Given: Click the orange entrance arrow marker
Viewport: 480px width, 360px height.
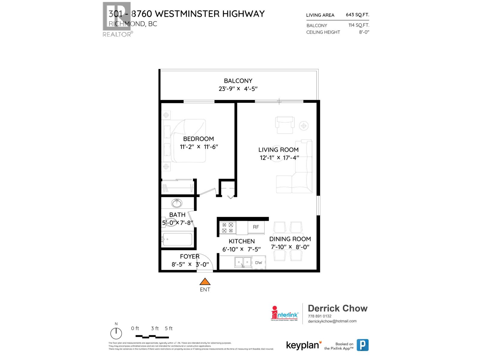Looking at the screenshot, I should point(205,282).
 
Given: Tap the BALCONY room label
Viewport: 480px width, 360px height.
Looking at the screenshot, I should point(238,81).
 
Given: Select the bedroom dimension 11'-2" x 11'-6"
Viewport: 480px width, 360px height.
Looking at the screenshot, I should point(199,147).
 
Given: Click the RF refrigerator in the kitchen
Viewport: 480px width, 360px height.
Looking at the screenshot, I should point(256,227).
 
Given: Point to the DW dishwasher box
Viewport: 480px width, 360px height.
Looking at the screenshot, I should point(259,262).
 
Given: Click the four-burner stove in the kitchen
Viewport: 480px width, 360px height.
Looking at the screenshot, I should point(227,228).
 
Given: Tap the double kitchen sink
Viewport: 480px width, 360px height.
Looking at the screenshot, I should point(243,262).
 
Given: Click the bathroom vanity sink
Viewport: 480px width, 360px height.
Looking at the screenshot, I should point(177,203).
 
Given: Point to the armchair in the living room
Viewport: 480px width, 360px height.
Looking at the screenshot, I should point(285,125).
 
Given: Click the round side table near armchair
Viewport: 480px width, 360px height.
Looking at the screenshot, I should point(304,126).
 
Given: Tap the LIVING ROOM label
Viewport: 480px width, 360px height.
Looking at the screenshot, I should point(278,150).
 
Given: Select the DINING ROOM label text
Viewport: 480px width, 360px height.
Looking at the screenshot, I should point(290,239).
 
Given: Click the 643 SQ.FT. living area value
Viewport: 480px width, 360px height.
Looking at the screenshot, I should point(357,15).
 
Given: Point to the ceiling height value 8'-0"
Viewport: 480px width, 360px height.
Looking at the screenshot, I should point(364,32).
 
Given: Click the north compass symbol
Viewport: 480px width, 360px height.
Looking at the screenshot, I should point(116,333).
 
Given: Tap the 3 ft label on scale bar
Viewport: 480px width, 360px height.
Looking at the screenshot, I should point(155,328).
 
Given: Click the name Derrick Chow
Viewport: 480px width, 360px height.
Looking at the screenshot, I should point(337,308).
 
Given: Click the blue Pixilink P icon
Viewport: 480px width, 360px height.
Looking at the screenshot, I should point(362,345).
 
